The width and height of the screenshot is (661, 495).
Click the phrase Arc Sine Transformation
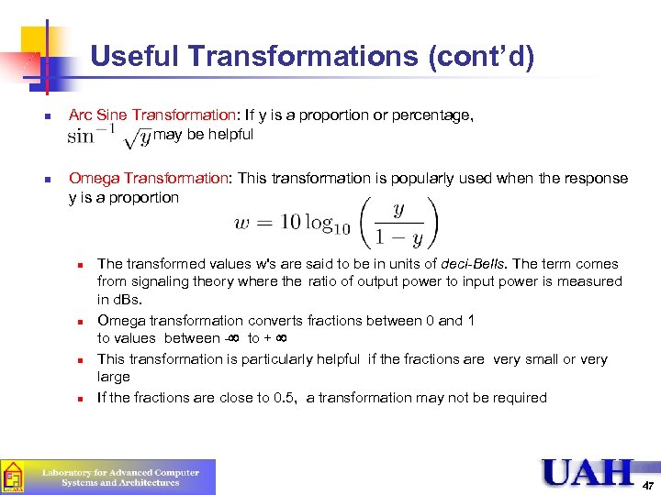[x=152, y=115]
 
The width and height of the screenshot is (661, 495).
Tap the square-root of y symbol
[x=139, y=137]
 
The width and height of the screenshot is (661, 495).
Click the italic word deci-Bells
[x=475, y=264]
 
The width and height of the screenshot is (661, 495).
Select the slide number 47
[x=648, y=484]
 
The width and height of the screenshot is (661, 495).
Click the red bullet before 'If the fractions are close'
[x=81, y=399]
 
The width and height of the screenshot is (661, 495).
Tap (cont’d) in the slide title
[x=481, y=57]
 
